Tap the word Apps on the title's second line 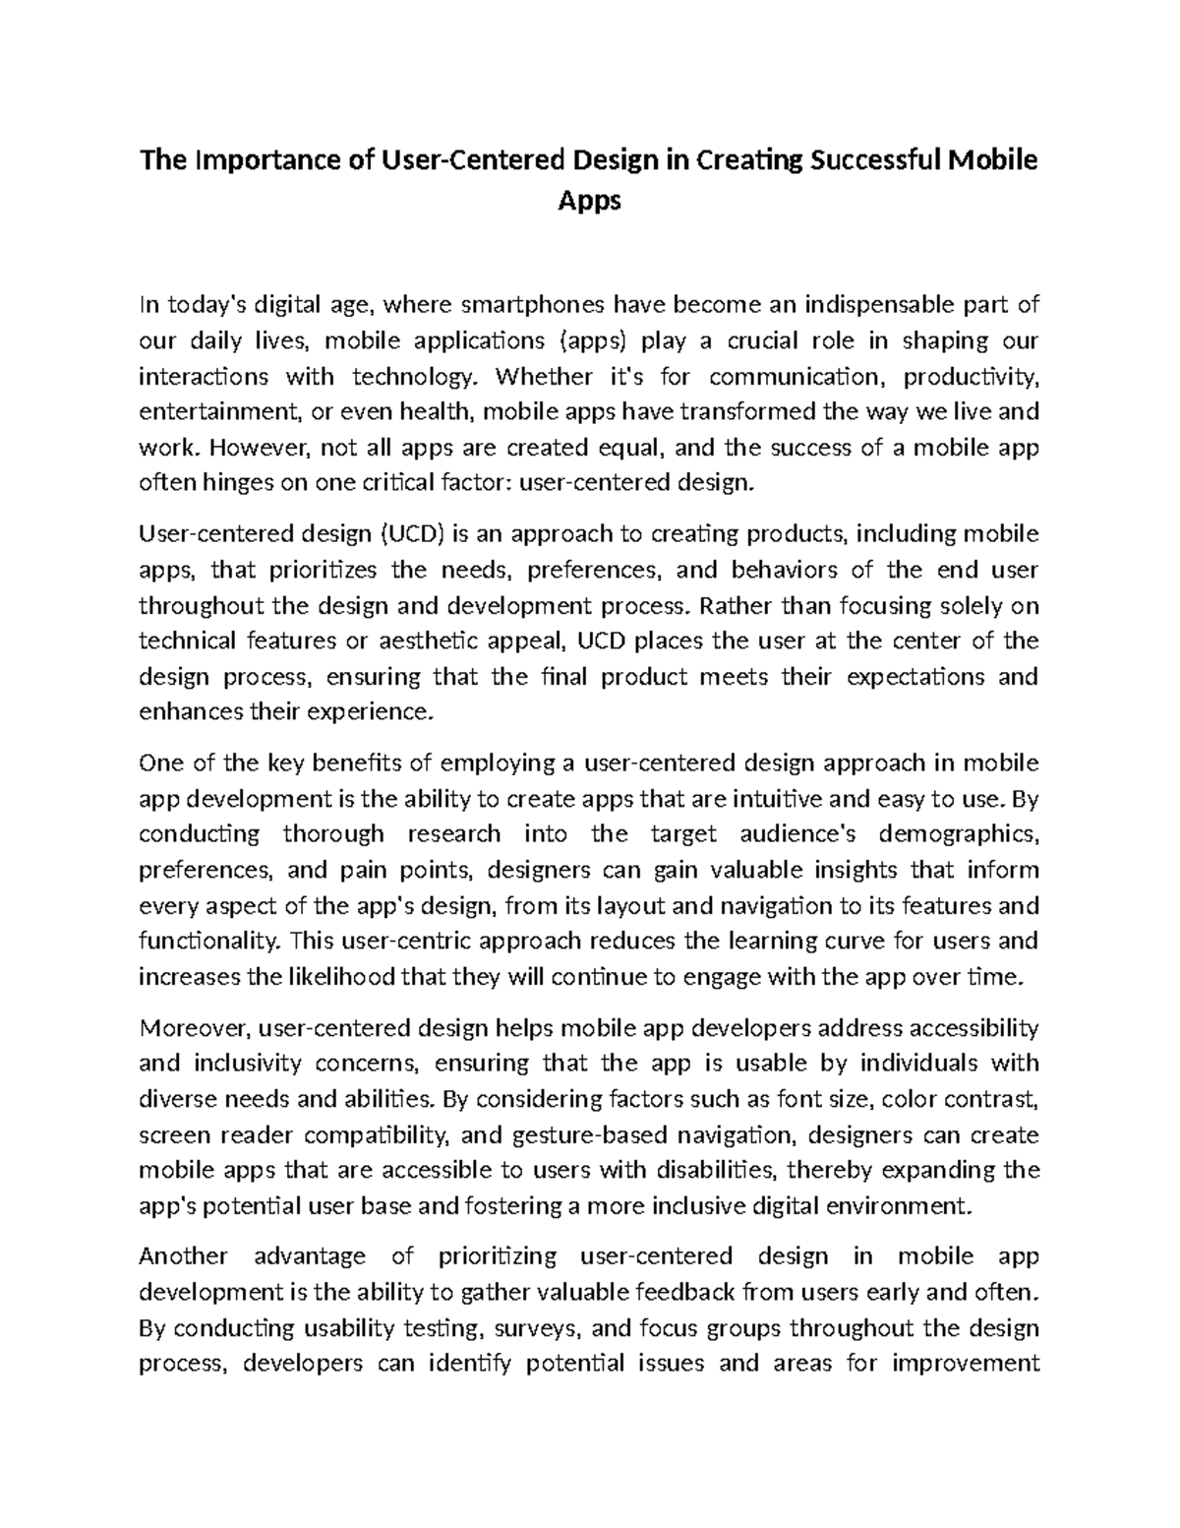589,201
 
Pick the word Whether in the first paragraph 545,376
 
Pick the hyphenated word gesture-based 579,1134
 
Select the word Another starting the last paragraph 184,1256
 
